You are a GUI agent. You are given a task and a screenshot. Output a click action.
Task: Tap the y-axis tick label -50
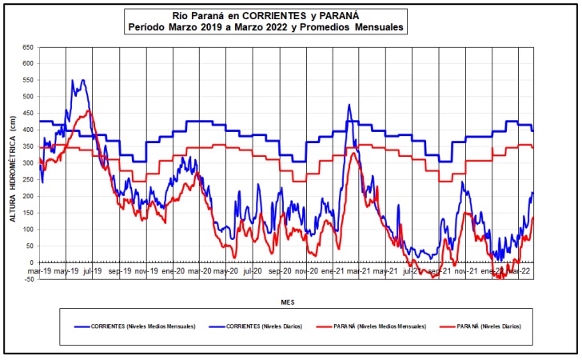(x=26, y=279)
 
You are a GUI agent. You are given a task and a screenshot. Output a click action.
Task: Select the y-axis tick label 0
(x=30, y=262)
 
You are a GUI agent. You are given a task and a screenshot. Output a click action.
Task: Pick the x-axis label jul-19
(x=93, y=272)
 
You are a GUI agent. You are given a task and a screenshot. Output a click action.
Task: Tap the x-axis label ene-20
(x=173, y=272)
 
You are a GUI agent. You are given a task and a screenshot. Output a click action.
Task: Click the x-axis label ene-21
(x=334, y=272)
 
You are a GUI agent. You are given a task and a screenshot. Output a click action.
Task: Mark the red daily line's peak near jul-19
(x=89, y=110)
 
